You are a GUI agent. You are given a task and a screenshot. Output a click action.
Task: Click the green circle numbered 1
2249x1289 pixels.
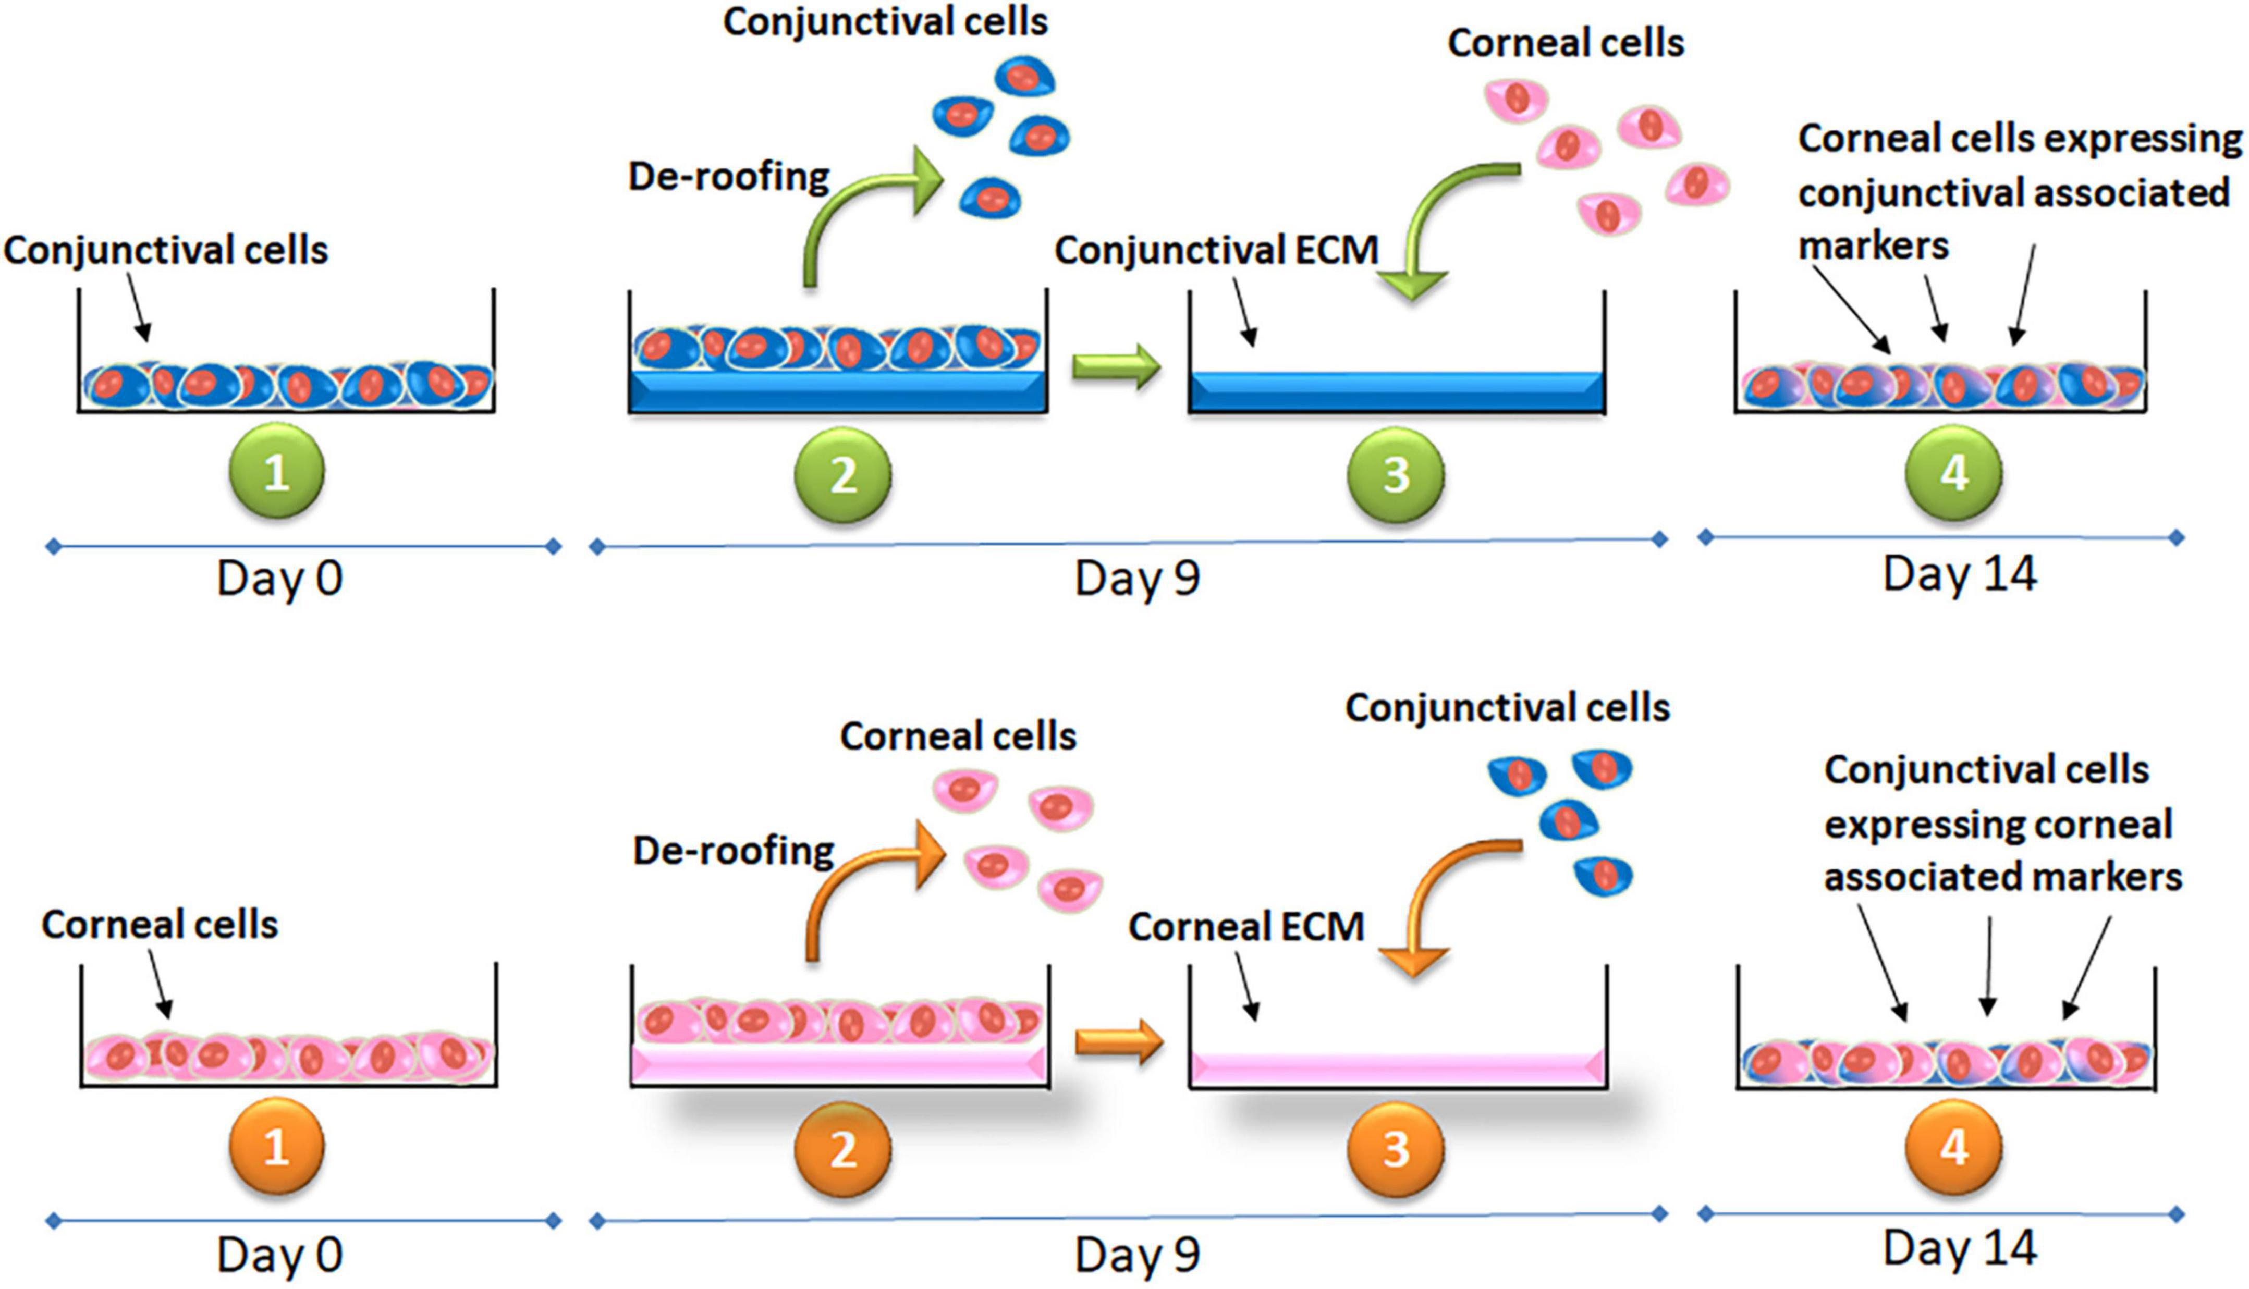coord(277,472)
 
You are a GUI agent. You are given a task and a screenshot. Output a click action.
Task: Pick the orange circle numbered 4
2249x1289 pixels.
coord(1954,1147)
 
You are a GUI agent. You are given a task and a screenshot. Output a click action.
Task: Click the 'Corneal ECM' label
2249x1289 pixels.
coord(1246,927)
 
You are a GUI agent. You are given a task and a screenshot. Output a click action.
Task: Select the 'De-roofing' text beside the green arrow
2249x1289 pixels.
coord(728,177)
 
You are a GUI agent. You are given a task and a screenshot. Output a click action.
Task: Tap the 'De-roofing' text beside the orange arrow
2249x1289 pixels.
coord(733,851)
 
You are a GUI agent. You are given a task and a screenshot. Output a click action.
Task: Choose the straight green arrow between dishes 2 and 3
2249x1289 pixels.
coord(1116,366)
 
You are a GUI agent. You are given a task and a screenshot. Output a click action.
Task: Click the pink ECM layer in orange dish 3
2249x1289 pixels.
coord(1397,1067)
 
